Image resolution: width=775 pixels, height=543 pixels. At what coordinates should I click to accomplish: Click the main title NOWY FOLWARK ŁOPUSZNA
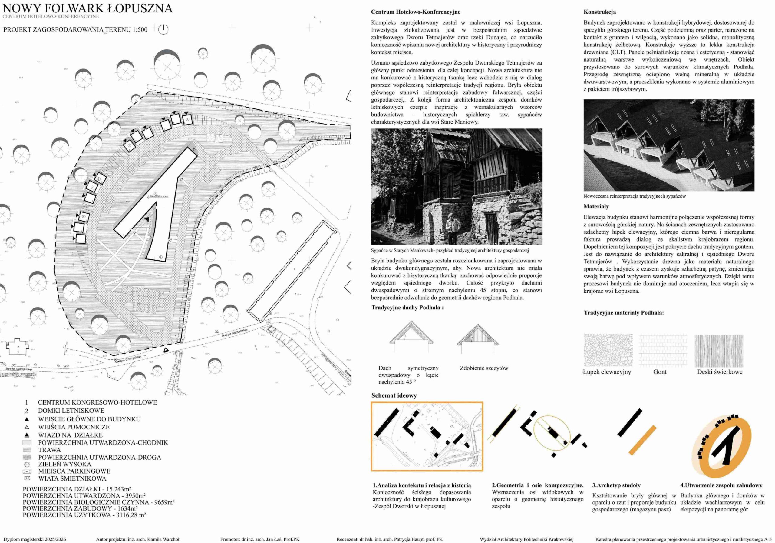point(88,8)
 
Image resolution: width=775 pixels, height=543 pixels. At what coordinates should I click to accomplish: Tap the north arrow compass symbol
point(163,29)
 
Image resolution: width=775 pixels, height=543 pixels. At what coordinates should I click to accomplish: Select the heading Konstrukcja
point(599,12)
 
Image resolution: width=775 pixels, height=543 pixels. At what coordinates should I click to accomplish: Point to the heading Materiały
point(596,206)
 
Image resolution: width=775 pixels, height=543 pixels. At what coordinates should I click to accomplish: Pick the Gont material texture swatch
point(663,351)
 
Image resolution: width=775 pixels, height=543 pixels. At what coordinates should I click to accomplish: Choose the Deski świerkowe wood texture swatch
point(719,351)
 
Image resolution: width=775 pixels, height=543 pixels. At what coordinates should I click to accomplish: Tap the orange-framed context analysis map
point(427,436)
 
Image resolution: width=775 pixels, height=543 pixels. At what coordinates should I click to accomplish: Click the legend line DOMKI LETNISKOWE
point(71,411)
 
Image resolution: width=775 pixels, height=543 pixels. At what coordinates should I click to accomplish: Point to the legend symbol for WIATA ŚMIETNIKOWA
point(27,478)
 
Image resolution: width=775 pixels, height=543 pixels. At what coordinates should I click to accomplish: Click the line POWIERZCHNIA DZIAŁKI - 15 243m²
point(77,489)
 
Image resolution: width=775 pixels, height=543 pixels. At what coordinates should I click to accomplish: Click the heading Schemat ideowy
point(394,395)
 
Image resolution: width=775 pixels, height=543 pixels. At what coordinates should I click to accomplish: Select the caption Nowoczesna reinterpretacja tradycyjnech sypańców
point(635,196)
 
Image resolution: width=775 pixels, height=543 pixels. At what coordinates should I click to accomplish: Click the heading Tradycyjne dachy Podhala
point(407,308)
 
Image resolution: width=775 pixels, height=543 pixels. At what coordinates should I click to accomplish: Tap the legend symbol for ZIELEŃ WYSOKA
point(27,464)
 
